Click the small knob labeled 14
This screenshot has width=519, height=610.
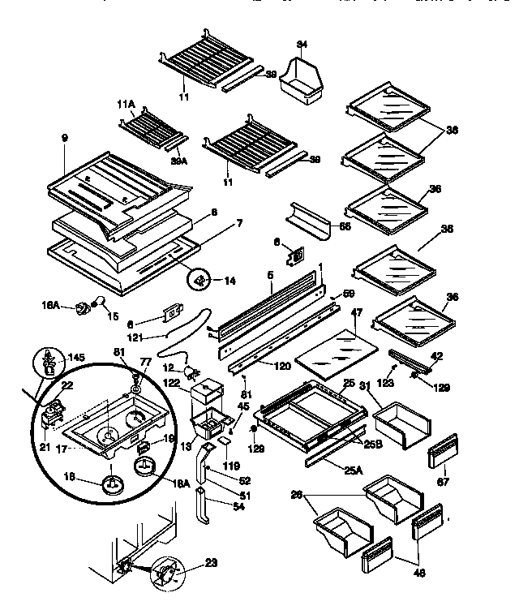[x=199, y=280]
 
